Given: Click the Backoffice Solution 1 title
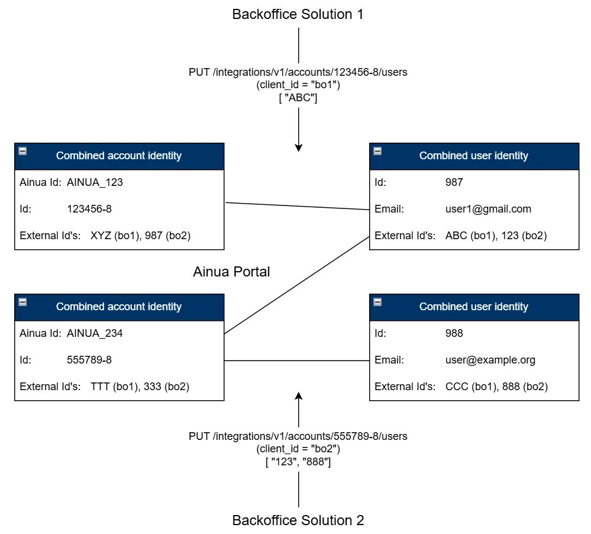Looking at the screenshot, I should [298, 14].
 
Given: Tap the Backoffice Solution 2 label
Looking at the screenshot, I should [298, 520].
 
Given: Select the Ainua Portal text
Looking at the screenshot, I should [231, 272].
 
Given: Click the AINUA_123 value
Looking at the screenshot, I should [95, 182].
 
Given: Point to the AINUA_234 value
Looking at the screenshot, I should [95, 333].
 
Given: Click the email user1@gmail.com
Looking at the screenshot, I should [488, 209].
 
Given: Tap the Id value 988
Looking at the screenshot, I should [454, 333].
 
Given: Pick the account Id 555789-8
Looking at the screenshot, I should [89, 360].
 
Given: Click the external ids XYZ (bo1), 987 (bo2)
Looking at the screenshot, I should [140, 236].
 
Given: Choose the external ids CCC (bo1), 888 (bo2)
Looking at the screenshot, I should [496, 387].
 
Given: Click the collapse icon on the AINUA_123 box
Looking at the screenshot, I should [22, 152].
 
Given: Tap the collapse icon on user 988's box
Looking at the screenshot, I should [377, 303].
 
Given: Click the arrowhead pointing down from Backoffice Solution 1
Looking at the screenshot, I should [299, 147].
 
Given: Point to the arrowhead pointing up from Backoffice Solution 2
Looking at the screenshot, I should [299, 396].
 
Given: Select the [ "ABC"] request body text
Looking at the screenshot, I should [298, 98].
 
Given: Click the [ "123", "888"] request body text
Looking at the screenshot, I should [298, 462].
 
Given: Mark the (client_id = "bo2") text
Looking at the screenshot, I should [298, 449].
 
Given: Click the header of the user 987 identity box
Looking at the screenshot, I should [474, 156].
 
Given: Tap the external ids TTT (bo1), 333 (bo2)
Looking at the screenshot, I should [140, 387].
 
